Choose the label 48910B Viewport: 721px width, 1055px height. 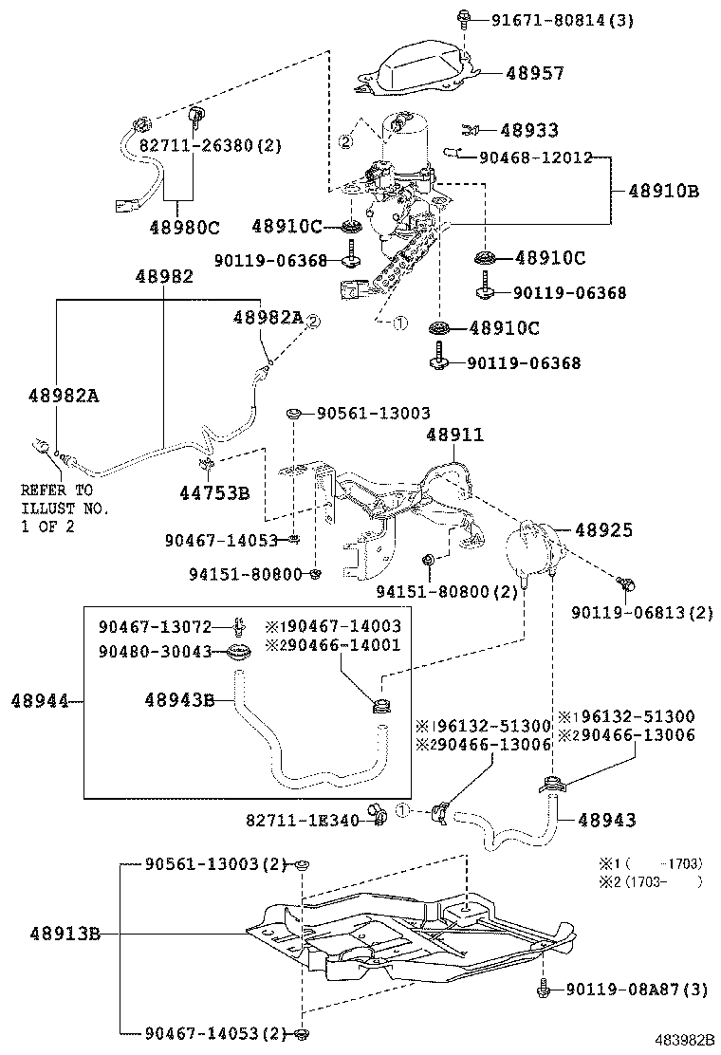pyautogui.click(x=663, y=191)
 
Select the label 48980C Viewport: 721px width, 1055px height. pyautogui.click(x=184, y=227)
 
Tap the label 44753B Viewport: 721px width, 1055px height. pyautogui.click(x=214, y=492)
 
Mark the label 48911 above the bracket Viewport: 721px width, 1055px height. pyautogui.click(x=454, y=435)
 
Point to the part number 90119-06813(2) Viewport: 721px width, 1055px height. pyautogui.click(x=641, y=613)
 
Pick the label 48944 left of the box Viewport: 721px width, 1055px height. pyautogui.click(x=39, y=701)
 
